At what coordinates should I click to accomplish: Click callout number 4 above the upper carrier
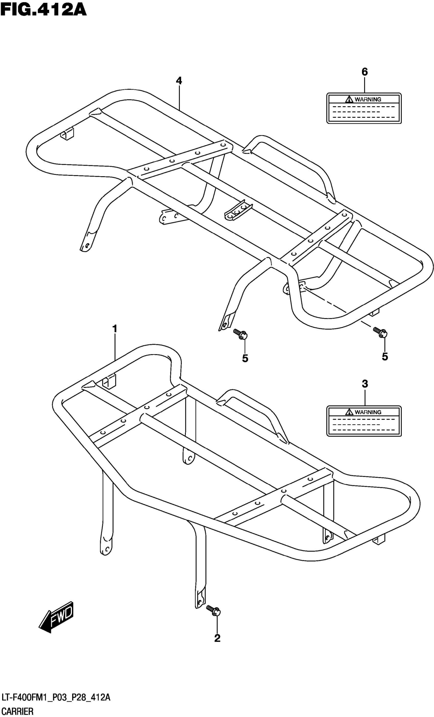[x=179, y=81]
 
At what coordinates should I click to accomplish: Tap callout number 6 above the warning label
[x=365, y=72]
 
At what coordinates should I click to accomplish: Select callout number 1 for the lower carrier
[x=115, y=329]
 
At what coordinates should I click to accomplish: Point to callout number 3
[x=365, y=384]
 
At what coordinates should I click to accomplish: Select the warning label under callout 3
[x=364, y=421]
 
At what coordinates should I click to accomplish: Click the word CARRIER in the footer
[x=17, y=711]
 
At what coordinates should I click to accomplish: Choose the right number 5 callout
[x=385, y=357]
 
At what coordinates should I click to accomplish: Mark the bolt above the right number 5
[x=380, y=332]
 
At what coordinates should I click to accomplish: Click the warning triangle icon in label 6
[x=349, y=99]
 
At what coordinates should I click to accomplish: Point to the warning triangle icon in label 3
[x=349, y=412]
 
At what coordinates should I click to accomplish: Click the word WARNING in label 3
[x=368, y=412]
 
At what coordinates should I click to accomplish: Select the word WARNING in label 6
[x=368, y=99]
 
